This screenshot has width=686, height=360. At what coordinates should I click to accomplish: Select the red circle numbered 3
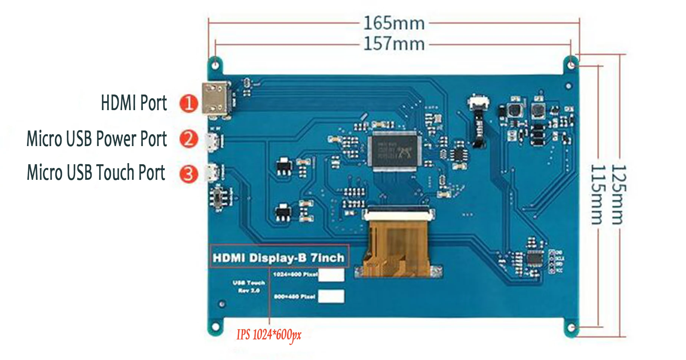(188, 174)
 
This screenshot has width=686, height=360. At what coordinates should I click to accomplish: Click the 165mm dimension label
(394, 23)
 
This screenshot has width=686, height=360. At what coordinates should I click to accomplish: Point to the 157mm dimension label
(394, 44)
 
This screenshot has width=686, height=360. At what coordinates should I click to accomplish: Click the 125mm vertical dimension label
(618, 195)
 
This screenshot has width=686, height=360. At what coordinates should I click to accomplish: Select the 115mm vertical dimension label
(598, 195)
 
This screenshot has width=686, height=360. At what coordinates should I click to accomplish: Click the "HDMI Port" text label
(134, 103)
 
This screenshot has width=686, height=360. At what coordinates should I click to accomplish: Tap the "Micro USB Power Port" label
(96, 139)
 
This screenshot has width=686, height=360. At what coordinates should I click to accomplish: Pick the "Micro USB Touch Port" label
(96, 173)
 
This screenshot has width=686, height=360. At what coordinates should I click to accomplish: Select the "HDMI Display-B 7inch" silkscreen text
(278, 258)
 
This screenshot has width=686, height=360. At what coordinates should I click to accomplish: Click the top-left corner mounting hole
(215, 65)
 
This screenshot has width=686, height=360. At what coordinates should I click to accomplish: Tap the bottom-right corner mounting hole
(572, 328)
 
